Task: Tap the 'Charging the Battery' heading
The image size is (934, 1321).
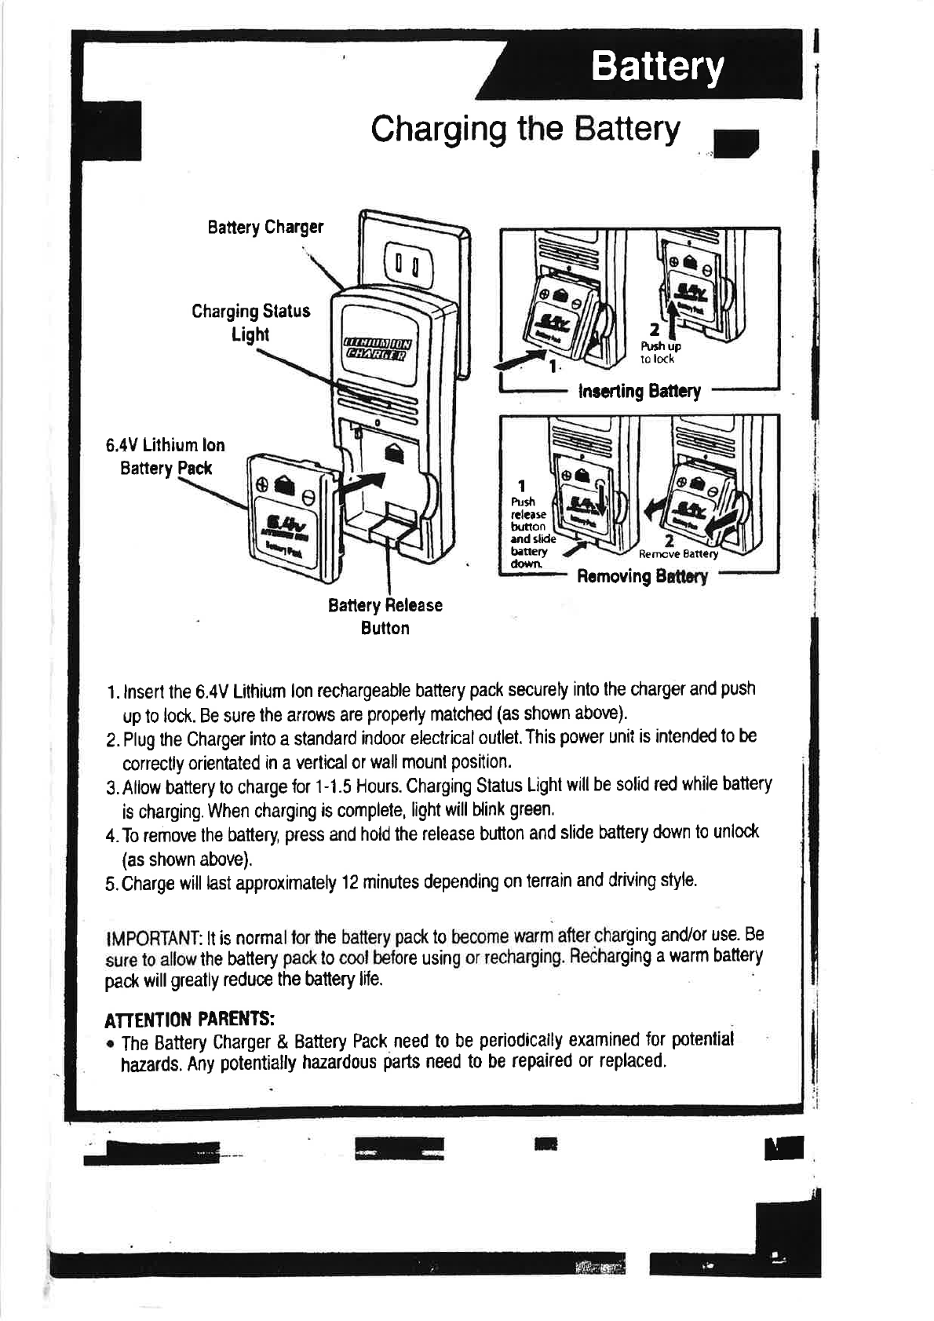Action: coord(525,129)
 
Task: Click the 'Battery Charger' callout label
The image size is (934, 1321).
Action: coord(265,228)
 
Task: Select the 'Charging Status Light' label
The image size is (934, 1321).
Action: coord(250,323)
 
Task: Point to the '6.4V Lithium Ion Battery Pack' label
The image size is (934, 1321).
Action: coord(166,457)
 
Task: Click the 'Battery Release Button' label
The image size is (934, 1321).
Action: coord(385,616)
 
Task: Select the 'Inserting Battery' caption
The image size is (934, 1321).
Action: coord(639,391)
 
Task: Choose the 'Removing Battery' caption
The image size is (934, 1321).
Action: coord(642,577)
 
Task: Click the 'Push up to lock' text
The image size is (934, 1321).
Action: coord(659,352)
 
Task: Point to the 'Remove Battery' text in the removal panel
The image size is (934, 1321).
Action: coord(678,554)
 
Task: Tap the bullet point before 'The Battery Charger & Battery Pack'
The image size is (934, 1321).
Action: coord(111,1045)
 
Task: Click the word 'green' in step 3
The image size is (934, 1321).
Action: coord(532,808)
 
